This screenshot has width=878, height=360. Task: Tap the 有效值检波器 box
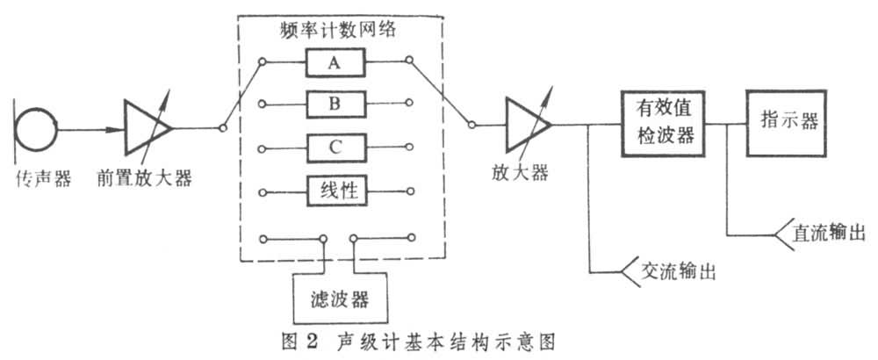[x=664, y=123]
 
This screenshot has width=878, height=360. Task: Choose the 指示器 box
[x=786, y=122]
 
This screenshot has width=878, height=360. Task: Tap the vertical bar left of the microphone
[x=13, y=130]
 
